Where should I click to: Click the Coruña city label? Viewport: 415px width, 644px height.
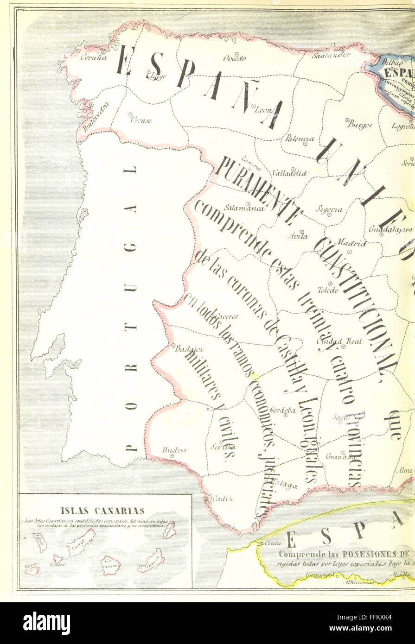coord(93,58)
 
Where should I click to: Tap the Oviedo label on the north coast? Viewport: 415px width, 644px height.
coord(234,58)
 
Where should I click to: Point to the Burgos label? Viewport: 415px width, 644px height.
coord(359,124)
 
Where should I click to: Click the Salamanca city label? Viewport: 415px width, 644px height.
coord(244,208)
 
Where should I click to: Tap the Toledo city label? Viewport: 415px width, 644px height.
coord(328,290)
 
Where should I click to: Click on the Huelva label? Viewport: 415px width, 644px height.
coord(174,450)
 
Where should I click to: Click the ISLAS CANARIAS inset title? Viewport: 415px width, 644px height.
coord(102,511)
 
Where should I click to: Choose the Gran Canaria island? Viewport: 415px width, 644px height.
coord(110,566)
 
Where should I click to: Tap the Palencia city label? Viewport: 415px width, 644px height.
coord(300,139)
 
